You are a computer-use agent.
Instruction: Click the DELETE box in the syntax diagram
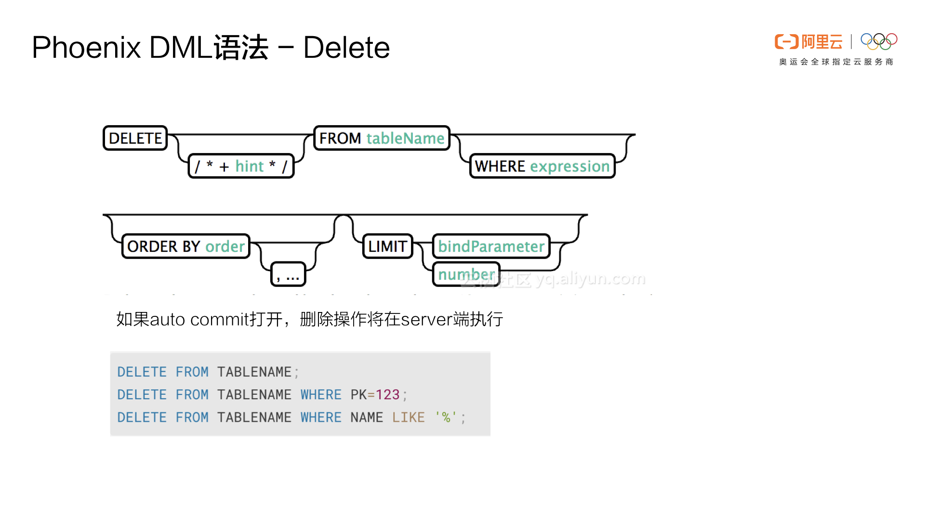[135, 138]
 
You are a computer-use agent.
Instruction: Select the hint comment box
[241, 166]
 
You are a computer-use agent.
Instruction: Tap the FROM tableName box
[382, 138]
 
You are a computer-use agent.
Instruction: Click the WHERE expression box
[542, 166]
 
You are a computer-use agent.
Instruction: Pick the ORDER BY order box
[186, 247]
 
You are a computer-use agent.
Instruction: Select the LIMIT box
[387, 247]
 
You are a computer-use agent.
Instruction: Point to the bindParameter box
[491, 247]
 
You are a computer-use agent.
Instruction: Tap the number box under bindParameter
[466, 274]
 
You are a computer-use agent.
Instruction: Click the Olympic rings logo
[879, 41]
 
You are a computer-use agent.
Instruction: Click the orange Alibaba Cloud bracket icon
[786, 42]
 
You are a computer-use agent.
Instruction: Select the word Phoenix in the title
[86, 48]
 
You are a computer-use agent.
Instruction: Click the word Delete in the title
[346, 48]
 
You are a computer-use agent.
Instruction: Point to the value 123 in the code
[388, 395]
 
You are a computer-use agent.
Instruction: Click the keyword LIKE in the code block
[408, 417]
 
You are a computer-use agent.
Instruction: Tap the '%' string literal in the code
[446, 417]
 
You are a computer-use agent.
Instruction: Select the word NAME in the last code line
[367, 417]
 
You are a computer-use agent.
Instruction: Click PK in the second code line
[358, 395]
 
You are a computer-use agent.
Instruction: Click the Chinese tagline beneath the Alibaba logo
[836, 62]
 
